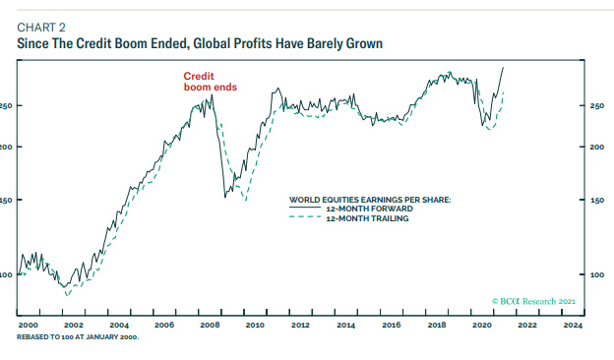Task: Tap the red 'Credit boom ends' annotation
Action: click(210, 82)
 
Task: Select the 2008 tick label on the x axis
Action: click(210, 324)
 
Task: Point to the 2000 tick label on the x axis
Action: click(29, 324)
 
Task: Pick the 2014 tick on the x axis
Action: click(346, 324)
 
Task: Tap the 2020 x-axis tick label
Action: click(482, 324)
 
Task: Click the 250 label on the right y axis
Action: click(596, 106)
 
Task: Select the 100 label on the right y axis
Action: click(596, 274)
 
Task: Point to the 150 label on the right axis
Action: click(596, 201)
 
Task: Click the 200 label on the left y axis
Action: click(6, 148)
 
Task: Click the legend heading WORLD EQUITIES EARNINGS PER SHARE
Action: click(369, 199)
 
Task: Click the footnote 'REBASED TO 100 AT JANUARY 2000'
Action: click(78, 336)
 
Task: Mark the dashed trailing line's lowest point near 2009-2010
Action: click(245, 200)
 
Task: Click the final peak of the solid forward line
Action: click(503, 68)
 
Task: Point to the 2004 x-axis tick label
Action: click(119, 324)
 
